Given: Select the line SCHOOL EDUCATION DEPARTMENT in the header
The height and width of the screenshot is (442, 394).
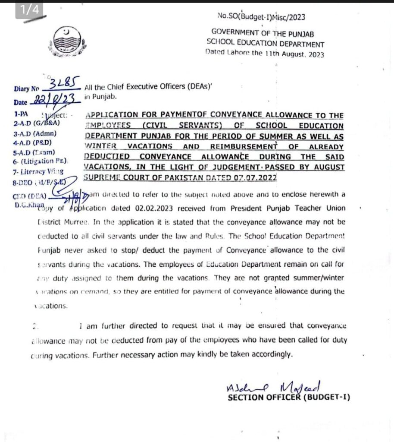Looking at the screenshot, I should [x=266, y=44].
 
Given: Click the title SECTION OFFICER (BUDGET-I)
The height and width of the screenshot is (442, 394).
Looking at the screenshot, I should [x=288, y=397].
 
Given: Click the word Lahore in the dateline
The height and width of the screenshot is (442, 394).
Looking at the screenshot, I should [x=239, y=54].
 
